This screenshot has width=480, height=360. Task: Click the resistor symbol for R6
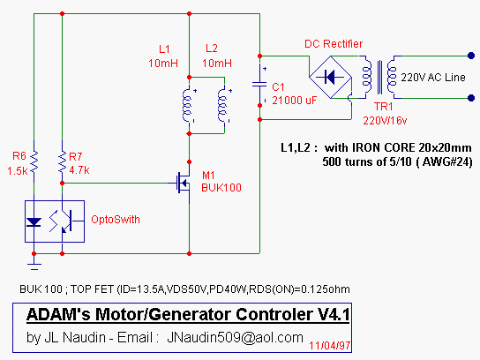point(34,161)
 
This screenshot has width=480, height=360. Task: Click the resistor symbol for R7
point(62,161)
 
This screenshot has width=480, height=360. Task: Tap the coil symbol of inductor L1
point(187,105)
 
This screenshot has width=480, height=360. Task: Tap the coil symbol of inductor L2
point(222,105)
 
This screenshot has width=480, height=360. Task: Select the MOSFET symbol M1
point(184,183)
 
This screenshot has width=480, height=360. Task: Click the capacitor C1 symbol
point(259,85)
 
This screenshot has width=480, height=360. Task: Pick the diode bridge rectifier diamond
point(330,77)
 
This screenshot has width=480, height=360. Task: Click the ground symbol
point(34,266)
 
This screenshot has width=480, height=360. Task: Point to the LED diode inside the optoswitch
point(34,222)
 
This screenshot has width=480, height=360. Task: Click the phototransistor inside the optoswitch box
point(66,221)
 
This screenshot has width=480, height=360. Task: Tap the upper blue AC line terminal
point(471,56)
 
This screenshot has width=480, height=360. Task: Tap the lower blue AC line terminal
point(471,98)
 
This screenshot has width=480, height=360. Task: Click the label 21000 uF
point(295,101)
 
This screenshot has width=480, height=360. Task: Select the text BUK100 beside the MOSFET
point(221,187)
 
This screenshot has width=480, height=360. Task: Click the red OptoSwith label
point(116,220)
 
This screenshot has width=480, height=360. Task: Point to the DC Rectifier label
point(334,44)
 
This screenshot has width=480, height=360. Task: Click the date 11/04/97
point(330,346)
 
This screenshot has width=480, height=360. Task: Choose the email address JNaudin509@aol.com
point(235,337)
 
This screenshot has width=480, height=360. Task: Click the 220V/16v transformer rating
point(385,121)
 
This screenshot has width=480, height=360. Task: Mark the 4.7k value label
point(79,170)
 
